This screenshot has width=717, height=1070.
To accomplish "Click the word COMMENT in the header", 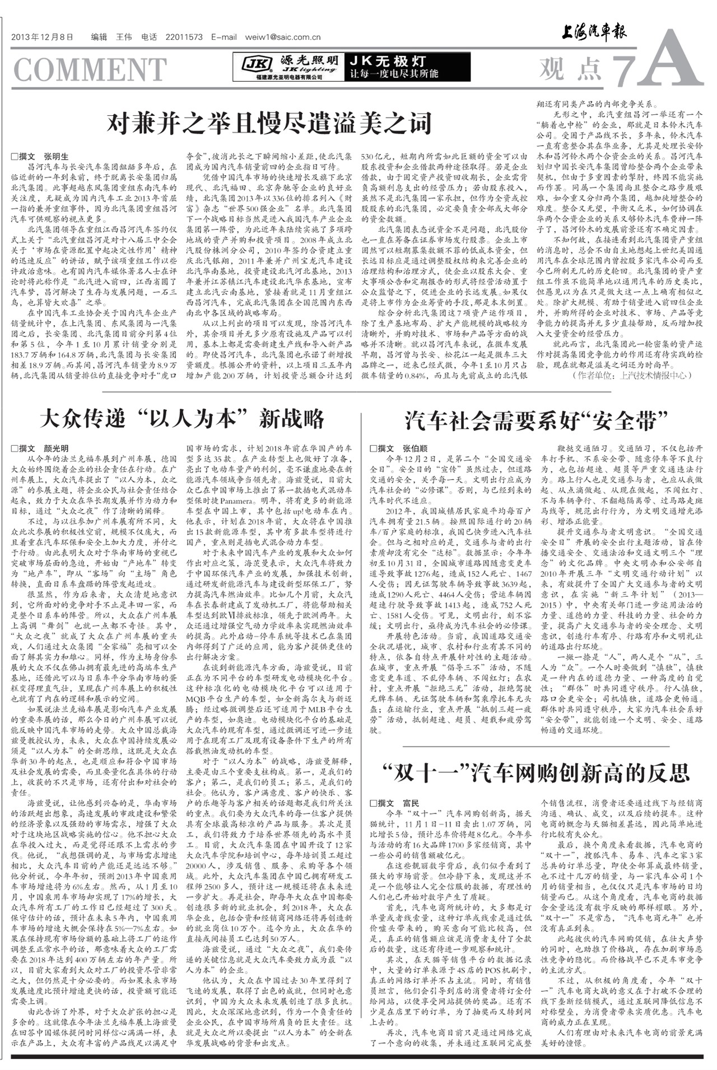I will [x=90, y=69].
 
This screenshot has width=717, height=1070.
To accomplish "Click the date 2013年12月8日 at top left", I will [x=42, y=38].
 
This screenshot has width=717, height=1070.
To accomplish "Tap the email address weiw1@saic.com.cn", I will [x=283, y=38].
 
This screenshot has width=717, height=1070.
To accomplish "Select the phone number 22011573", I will [x=184, y=38].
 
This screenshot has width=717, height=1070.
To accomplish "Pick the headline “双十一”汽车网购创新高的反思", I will [x=536, y=773].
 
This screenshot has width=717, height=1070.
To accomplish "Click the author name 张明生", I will [x=56, y=157].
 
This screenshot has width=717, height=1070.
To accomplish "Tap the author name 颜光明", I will [x=56, y=448].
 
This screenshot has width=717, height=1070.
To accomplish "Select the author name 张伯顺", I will [x=415, y=448].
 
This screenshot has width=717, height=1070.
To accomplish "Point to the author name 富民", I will [x=411, y=803].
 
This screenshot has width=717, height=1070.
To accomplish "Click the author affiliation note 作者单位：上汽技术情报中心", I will [x=630, y=375].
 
